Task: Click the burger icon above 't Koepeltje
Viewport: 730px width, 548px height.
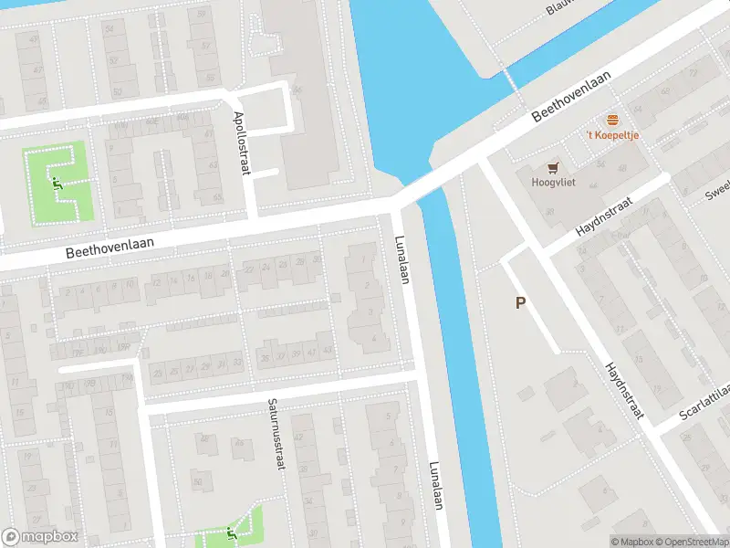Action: pyautogui.click(x=612, y=121)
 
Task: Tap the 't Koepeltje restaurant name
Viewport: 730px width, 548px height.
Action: pyautogui.click(x=612, y=136)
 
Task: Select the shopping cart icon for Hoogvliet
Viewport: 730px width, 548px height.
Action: pyautogui.click(x=552, y=167)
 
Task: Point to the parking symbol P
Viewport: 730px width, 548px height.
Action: pyautogui.click(x=521, y=303)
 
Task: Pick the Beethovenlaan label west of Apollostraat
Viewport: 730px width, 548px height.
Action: pyautogui.click(x=109, y=248)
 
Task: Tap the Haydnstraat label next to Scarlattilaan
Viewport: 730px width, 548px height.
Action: pyautogui.click(x=624, y=390)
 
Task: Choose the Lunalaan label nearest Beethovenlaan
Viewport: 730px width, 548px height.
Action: pyautogui.click(x=401, y=259)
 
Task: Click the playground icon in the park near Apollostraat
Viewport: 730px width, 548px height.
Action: pyautogui.click(x=57, y=183)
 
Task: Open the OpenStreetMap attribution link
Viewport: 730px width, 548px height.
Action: pyautogui.click(x=692, y=542)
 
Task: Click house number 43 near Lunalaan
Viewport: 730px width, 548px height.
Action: pyautogui.click(x=328, y=350)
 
